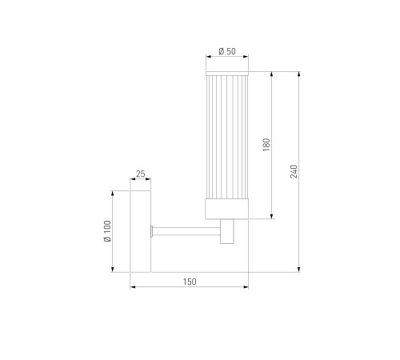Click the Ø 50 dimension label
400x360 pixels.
(227, 51)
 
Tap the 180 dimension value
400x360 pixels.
(266, 145)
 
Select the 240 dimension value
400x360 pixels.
(294, 171)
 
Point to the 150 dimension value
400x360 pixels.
(190, 282)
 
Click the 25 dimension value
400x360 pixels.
(141, 174)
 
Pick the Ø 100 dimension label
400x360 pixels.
(107, 231)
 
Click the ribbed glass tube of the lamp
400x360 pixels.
(227, 137)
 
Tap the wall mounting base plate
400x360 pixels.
(141, 231)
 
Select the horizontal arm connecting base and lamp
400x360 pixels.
(186, 231)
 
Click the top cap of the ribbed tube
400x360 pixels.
(227, 74)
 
